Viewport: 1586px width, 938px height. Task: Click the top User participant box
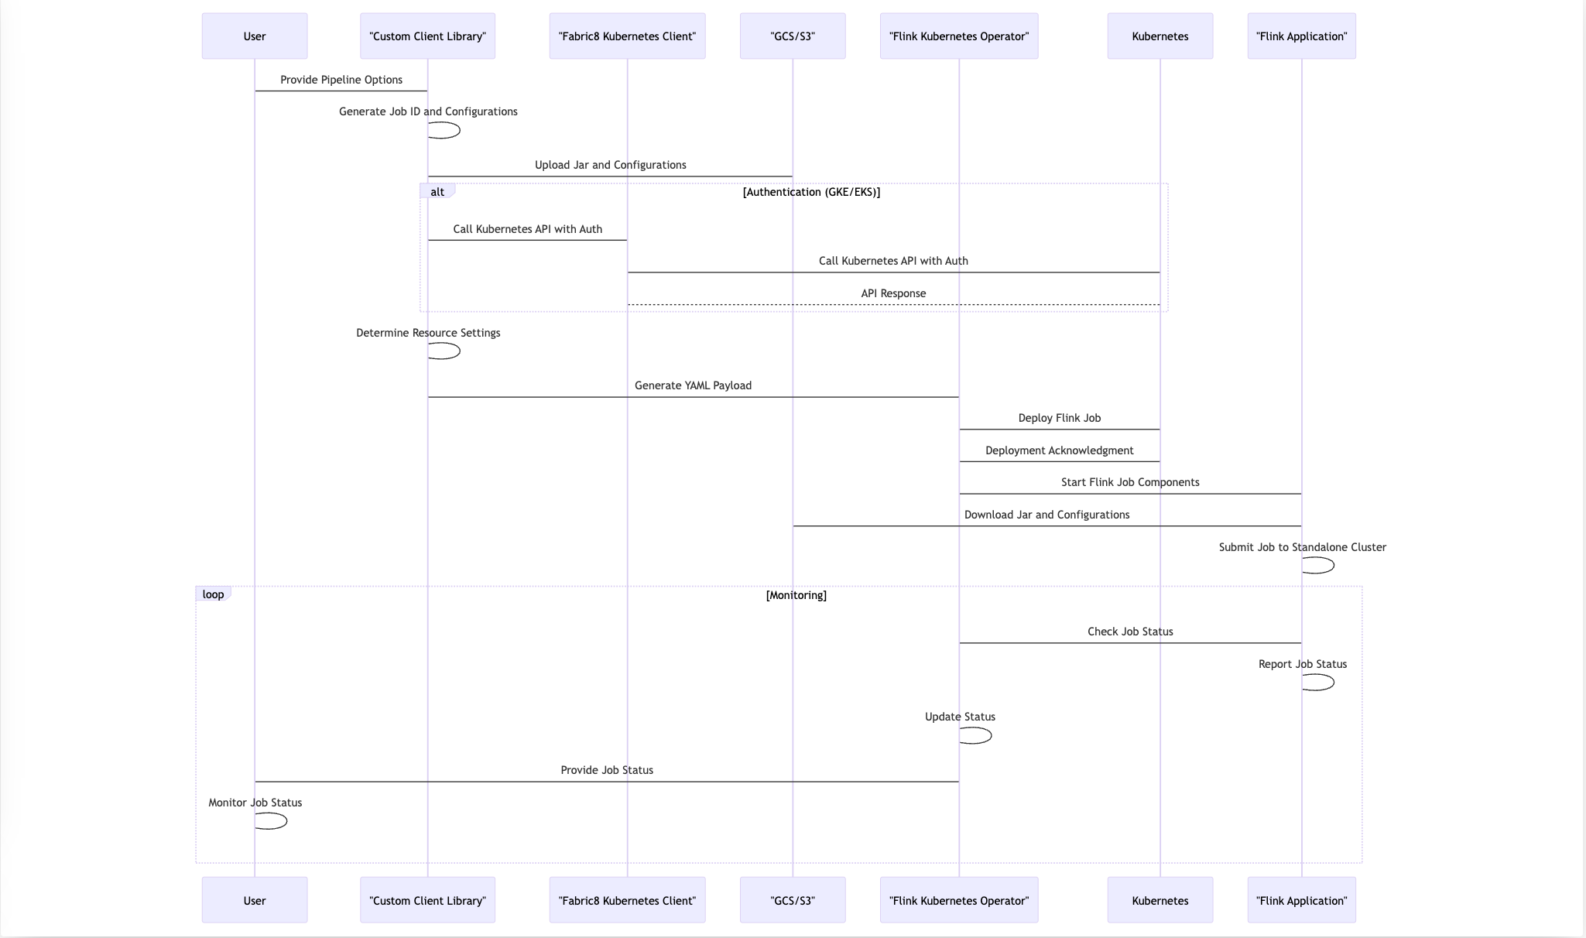(x=255, y=36)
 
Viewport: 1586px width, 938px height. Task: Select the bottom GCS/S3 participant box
(x=793, y=900)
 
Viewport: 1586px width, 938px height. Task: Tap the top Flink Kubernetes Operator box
(x=959, y=36)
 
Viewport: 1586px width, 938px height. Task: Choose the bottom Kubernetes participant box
(x=1160, y=900)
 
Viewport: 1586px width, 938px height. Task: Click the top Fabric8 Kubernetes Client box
(x=627, y=36)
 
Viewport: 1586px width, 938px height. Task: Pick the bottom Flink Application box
(x=1301, y=900)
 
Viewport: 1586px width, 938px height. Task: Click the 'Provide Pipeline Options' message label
(x=341, y=80)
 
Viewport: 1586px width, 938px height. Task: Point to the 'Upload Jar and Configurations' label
(x=610, y=165)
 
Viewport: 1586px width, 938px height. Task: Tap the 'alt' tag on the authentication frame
(x=437, y=192)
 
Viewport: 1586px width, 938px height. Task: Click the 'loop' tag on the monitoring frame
(x=213, y=594)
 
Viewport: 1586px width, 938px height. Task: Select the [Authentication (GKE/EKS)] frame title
(x=811, y=192)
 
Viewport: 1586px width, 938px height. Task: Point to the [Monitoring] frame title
(x=796, y=595)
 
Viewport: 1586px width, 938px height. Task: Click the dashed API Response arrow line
(x=893, y=305)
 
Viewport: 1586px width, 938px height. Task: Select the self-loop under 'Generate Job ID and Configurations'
(x=446, y=130)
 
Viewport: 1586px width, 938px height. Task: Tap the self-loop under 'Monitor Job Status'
(x=272, y=821)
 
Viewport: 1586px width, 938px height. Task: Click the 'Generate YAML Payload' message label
(x=693, y=385)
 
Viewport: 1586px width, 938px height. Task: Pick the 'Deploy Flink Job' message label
(x=1059, y=418)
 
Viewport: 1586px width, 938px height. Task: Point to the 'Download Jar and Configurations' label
(x=1046, y=515)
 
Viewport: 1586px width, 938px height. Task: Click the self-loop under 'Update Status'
(x=977, y=735)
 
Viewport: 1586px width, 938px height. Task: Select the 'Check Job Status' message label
(x=1130, y=632)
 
